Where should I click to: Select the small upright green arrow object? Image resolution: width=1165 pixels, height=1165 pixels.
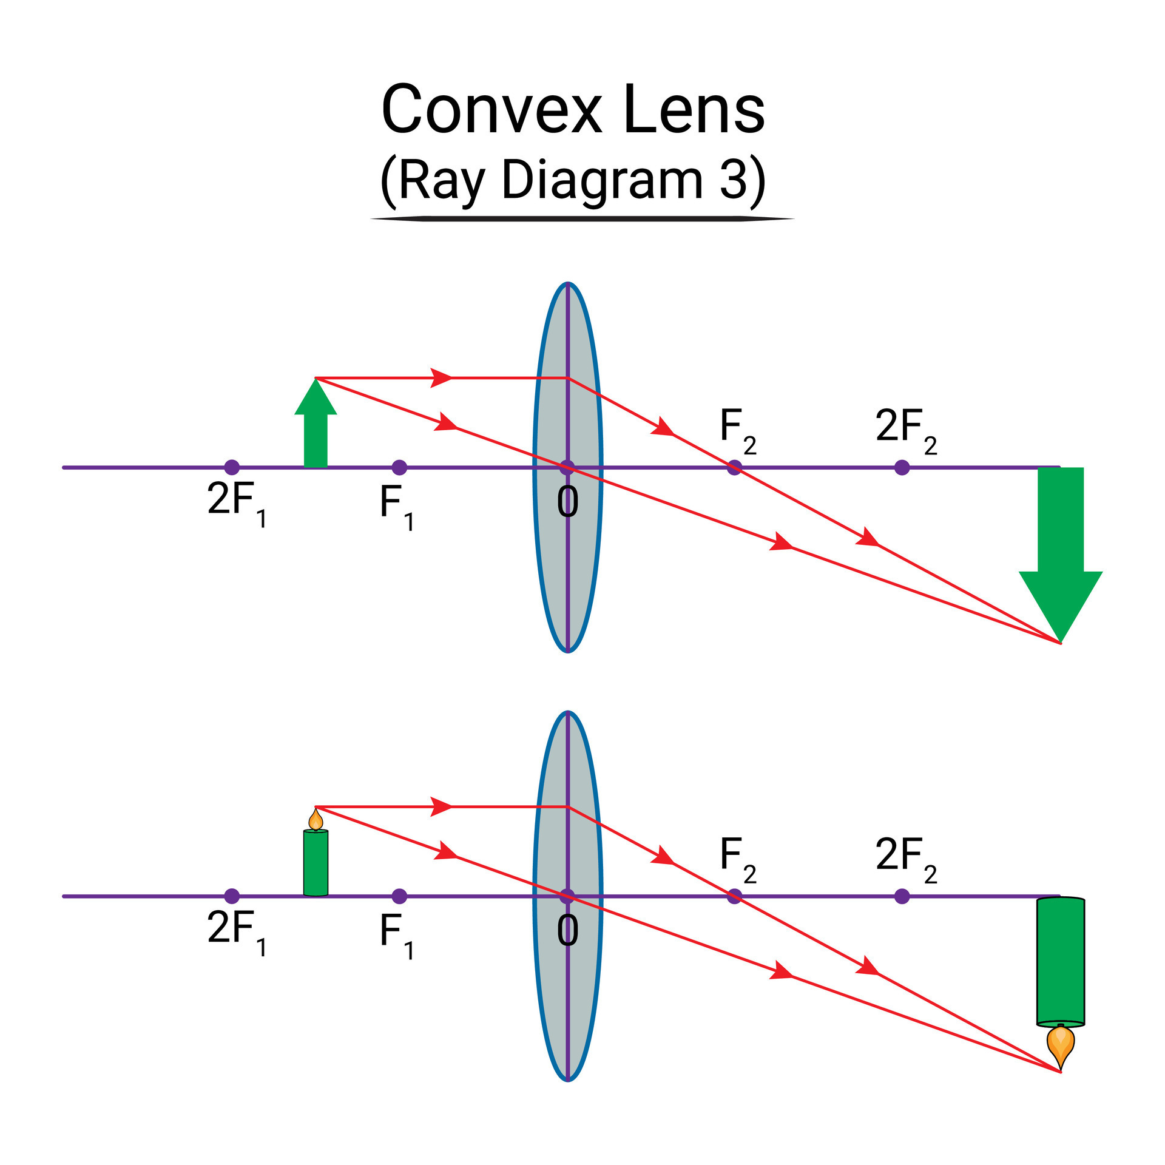(316, 425)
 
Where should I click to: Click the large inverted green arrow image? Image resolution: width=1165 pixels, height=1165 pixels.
(1060, 546)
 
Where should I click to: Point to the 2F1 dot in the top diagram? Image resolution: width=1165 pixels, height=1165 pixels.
(232, 467)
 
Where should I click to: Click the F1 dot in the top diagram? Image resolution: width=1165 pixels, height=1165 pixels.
(399, 467)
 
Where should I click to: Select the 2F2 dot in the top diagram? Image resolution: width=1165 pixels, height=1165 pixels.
(902, 467)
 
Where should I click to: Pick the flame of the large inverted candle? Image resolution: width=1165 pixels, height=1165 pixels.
(1060, 1044)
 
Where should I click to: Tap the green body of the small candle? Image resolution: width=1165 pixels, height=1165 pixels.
(316, 862)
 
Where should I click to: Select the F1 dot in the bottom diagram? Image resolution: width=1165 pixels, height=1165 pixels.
(399, 896)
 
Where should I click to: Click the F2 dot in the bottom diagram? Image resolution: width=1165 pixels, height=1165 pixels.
(735, 896)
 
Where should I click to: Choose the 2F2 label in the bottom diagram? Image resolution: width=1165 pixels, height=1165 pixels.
(906, 857)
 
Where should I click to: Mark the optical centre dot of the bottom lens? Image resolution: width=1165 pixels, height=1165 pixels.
(567, 896)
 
